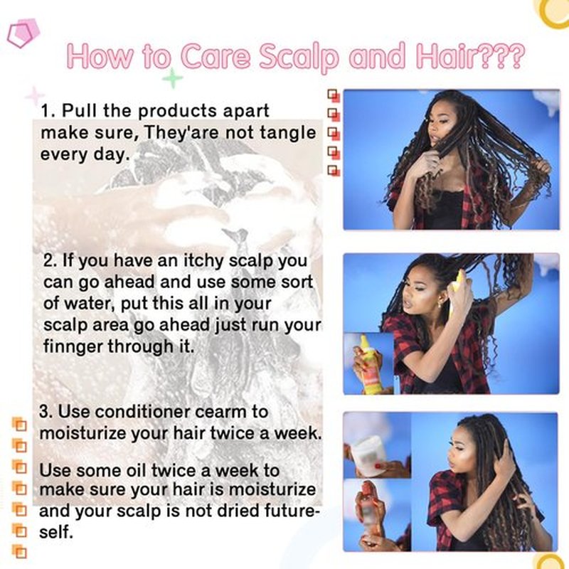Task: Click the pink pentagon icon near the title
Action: [x=23, y=33]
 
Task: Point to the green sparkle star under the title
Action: [x=172, y=78]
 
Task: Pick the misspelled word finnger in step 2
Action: [x=73, y=347]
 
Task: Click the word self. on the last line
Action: [x=56, y=532]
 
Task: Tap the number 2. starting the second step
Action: [x=50, y=260]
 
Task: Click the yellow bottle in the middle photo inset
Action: [x=370, y=365]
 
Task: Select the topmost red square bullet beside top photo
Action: [x=334, y=96]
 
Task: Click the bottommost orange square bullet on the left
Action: [x=20, y=551]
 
